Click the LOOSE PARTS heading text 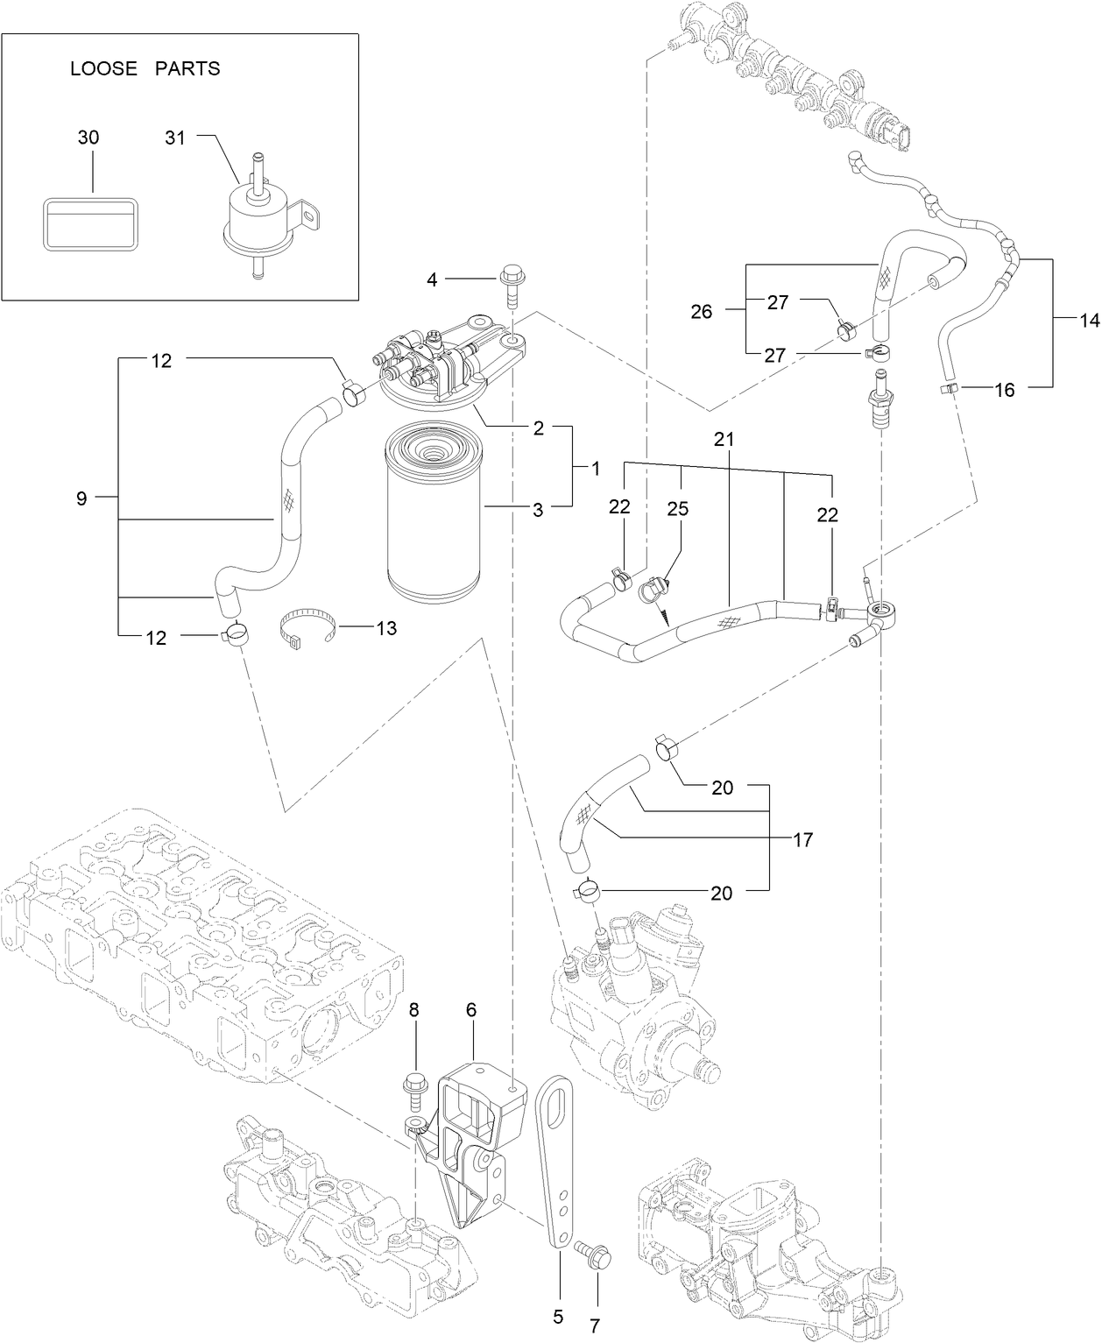click(x=145, y=69)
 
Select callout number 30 click(x=88, y=138)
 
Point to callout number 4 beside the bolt click(x=432, y=280)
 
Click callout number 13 click(x=385, y=628)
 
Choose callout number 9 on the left click(x=81, y=498)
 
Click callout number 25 click(x=678, y=509)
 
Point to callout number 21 click(x=723, y=440)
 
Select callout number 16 click(x=1005, y=390)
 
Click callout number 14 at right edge click(x=1088, y=322)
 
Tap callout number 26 click(x=702, y=311)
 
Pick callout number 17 click(x=802, y=840)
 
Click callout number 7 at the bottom click(x=596, y=1325)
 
